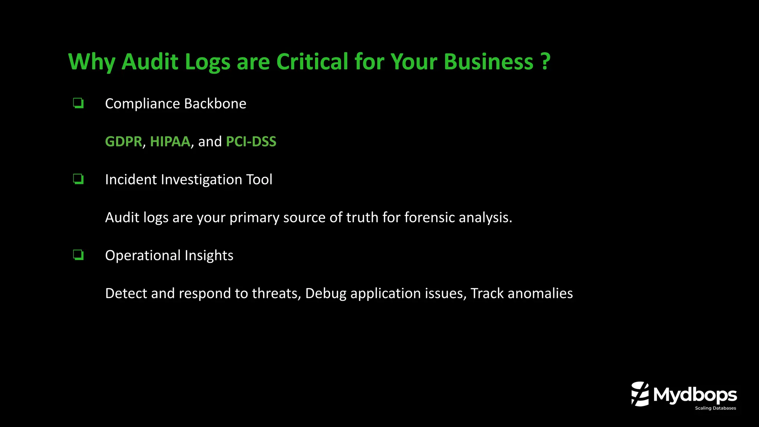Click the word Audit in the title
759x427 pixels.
tap(150, 62)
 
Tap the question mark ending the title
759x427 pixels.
tap(545, 62)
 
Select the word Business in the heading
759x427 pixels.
tap(488, 62)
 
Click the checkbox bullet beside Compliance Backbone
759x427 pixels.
tap(78, 103)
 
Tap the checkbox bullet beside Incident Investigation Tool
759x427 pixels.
tap(78, 179)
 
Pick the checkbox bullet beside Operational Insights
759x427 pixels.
tap(78, 255)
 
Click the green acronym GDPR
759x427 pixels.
tap(123, 142)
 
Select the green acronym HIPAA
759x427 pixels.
tap(170, 142)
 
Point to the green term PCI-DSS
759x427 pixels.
tap(251, 142)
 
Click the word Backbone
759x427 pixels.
tap(215, 104)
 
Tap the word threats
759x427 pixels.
tap(275, 294)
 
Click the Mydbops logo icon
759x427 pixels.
tap(640, 394)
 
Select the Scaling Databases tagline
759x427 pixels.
tap(715, 408)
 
